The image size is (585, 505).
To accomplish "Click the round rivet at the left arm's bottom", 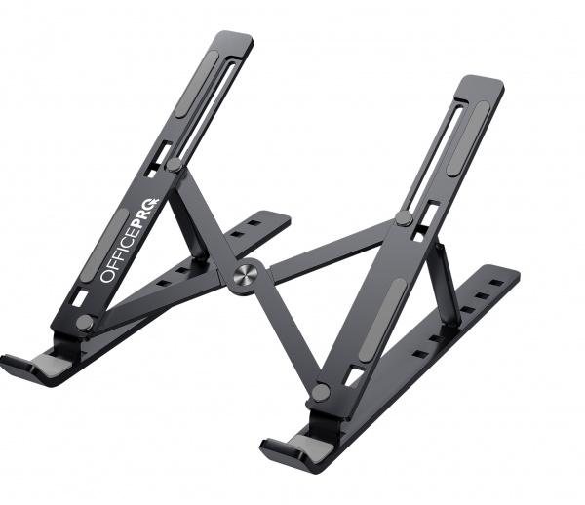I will click(x=85, y=322).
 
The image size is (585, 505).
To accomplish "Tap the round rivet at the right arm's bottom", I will click(x=320, y=392).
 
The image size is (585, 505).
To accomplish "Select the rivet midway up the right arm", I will click(x=404, y=218).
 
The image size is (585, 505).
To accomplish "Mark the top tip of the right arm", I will click(x=482, y=82).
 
